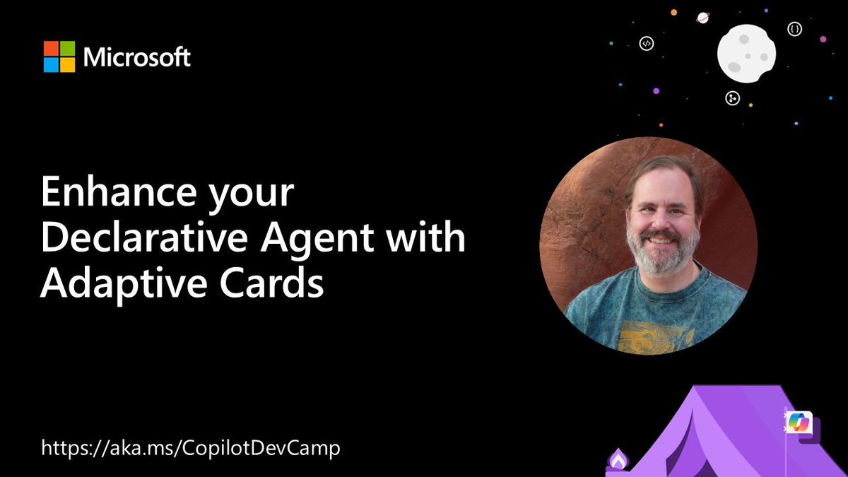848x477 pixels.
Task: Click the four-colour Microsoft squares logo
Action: [x=59, y=57]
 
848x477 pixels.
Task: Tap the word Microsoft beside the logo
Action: [x=137, y=57]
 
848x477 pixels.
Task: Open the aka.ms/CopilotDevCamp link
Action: [x=191, y=448]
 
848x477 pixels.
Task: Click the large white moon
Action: [x=746, y=53]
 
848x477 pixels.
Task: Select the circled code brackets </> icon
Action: [x=646, y=44]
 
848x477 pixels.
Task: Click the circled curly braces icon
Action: [x=795, y=29]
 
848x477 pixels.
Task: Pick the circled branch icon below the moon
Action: [x=733, y=98]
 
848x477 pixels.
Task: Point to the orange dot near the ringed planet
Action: [x=674, y=12]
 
